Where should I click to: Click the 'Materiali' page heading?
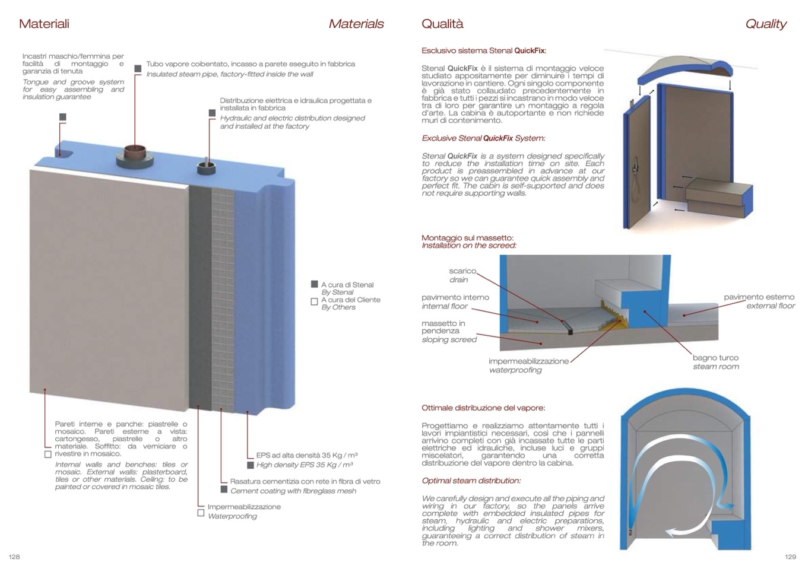click(x=44, y=24)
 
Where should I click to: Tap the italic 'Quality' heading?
click(x=765, y=24)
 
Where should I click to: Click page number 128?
click(x=14, y=557)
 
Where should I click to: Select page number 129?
click(x=790, y=557)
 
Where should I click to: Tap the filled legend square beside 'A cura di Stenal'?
click(x=315, y=284)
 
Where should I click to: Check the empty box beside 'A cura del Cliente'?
click(x=315, y=301)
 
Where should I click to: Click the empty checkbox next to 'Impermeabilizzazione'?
click(x=201, y=512)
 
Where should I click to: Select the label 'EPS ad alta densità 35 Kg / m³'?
click(x=306, y=455)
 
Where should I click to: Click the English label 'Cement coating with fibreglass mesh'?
click(x=293, y=491)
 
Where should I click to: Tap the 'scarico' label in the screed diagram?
click(x=462, y=271)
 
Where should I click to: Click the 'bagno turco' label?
click(x=715, y=358)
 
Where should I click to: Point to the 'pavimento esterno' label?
click(x=759, y=297)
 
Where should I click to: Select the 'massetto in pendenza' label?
click(x=443, y=327)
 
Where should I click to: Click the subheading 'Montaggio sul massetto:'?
click(x=468, y=238)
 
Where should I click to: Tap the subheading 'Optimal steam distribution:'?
click(x=471, y=481)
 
